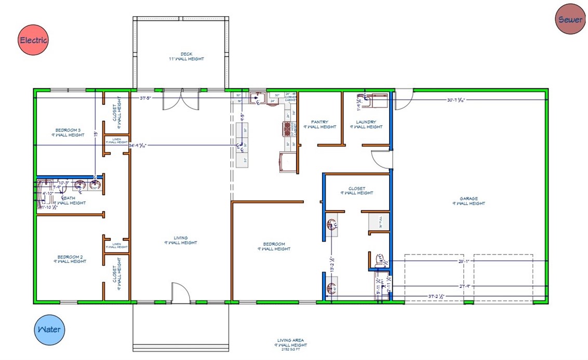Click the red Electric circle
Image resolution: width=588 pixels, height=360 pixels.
[x=33, y=40]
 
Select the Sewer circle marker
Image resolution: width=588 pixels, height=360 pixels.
[x=570, y=20]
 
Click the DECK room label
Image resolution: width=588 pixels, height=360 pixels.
[x=186, y=54]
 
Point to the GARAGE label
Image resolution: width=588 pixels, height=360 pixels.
[x=469, y=198]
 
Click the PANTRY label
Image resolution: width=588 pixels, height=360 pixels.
[x=319, y=123]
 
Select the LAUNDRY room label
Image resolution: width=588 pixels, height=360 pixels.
[x=366, y=123]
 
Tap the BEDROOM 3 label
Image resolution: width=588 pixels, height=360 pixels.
[x=68, y=130]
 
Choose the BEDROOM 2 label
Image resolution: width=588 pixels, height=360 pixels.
[x=70, y=257]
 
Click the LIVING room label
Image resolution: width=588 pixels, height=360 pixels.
[x=181, y=238]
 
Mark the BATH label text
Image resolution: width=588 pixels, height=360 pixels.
[x=69, y=198]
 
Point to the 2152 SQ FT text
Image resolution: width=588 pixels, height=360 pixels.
[x=291, y=350]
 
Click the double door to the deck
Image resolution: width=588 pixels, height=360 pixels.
[x=181, y=100]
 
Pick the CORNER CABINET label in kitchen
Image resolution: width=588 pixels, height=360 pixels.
[x=290, y=97]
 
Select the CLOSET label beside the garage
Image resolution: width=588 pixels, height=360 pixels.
[x=357, y=189]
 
